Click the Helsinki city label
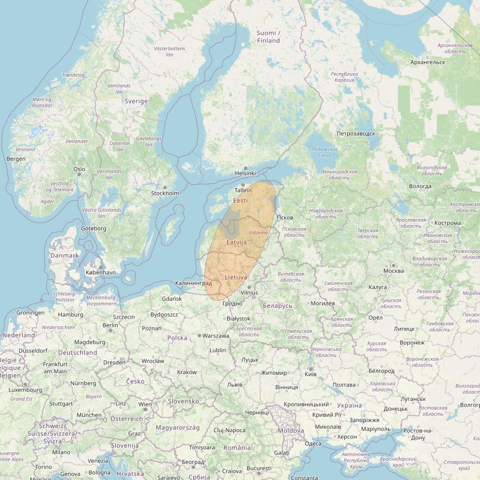245,174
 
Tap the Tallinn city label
243,190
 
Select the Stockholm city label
165,193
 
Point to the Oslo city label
79,169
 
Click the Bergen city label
15,159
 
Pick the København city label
101,272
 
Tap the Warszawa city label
216,336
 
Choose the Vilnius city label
249,292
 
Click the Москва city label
394,271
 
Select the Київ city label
311,375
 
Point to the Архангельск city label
428,62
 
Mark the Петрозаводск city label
356,134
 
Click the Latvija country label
236,242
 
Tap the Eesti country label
240,200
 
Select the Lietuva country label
236,277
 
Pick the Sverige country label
136,101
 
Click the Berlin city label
110,325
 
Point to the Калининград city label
193,283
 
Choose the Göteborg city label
94,228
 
